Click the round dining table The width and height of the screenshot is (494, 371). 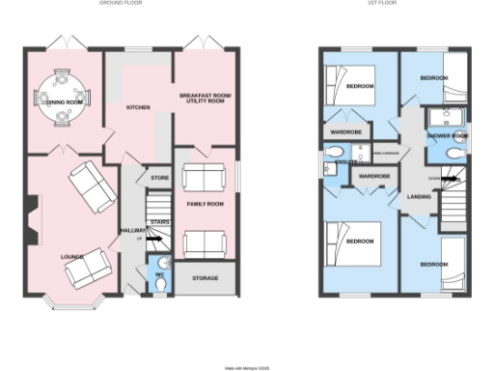tap(60, 98)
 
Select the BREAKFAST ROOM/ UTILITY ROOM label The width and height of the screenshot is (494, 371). tap(206, 98)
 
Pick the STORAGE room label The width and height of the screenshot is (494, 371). tap(206, 278)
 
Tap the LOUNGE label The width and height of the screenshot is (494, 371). tap(71, 257)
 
